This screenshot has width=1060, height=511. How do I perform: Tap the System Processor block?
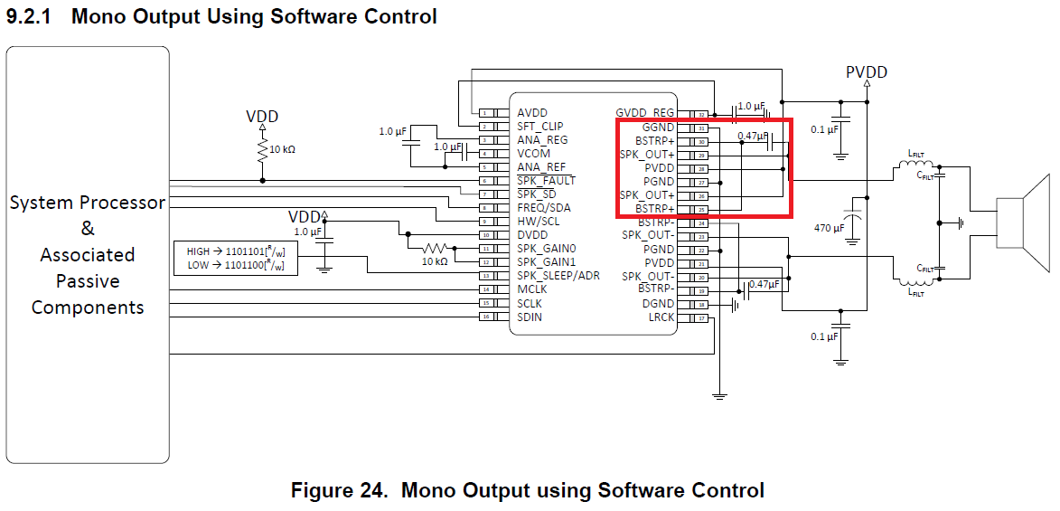(x=88, y=255)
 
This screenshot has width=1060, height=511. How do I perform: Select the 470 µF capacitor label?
(x=830, y=228)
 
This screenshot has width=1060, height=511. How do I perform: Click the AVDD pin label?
(x=532, y=113)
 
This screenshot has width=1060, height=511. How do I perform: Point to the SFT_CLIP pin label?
(x=539, y=127)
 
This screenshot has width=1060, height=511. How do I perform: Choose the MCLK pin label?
(x=533, y=289)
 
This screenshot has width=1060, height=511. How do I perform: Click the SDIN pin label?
(x=530, y=317)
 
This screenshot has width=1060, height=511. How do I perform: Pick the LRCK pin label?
(x=661, y=317)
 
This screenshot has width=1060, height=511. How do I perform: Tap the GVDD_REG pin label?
(x=645, y=113)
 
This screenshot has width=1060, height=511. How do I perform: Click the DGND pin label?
(x=658, y=304)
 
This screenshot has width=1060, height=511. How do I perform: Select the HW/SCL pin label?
(x=539, y=222)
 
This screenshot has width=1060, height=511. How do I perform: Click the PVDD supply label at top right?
(x=867, y=71)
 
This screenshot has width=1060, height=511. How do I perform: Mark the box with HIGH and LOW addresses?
(x=235, y=258)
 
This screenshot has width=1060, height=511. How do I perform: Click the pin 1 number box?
(x=485, y=113)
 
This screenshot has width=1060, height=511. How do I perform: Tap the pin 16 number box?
(x=485, y=317)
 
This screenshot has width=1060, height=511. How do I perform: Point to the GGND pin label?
(x=658, y=128)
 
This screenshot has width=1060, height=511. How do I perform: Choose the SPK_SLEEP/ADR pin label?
(x=558, y=276)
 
